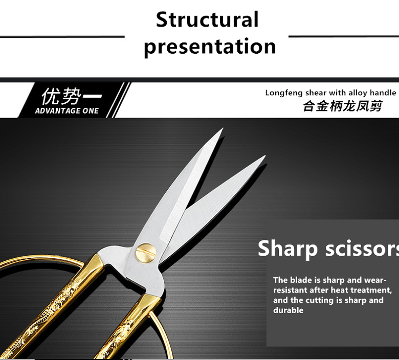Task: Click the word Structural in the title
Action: click(x=207, y=19)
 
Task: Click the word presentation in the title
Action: click(x=210, y=47)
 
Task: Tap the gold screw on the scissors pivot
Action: click(x=146, y=252)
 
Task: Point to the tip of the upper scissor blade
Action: click(x=223, y=128)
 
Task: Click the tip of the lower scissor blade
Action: click(x=265, y=155)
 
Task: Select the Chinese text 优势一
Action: click(x=72, y=96)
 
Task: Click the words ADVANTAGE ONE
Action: click(x=66, y=111)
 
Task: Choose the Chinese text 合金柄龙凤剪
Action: click(x=343, y=106)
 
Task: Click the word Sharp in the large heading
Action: click(x=287, y=249)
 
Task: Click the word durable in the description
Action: click(x=288, y=310)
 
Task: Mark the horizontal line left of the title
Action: click(x=62, y=37)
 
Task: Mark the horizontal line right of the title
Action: click(x=344, y=37)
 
